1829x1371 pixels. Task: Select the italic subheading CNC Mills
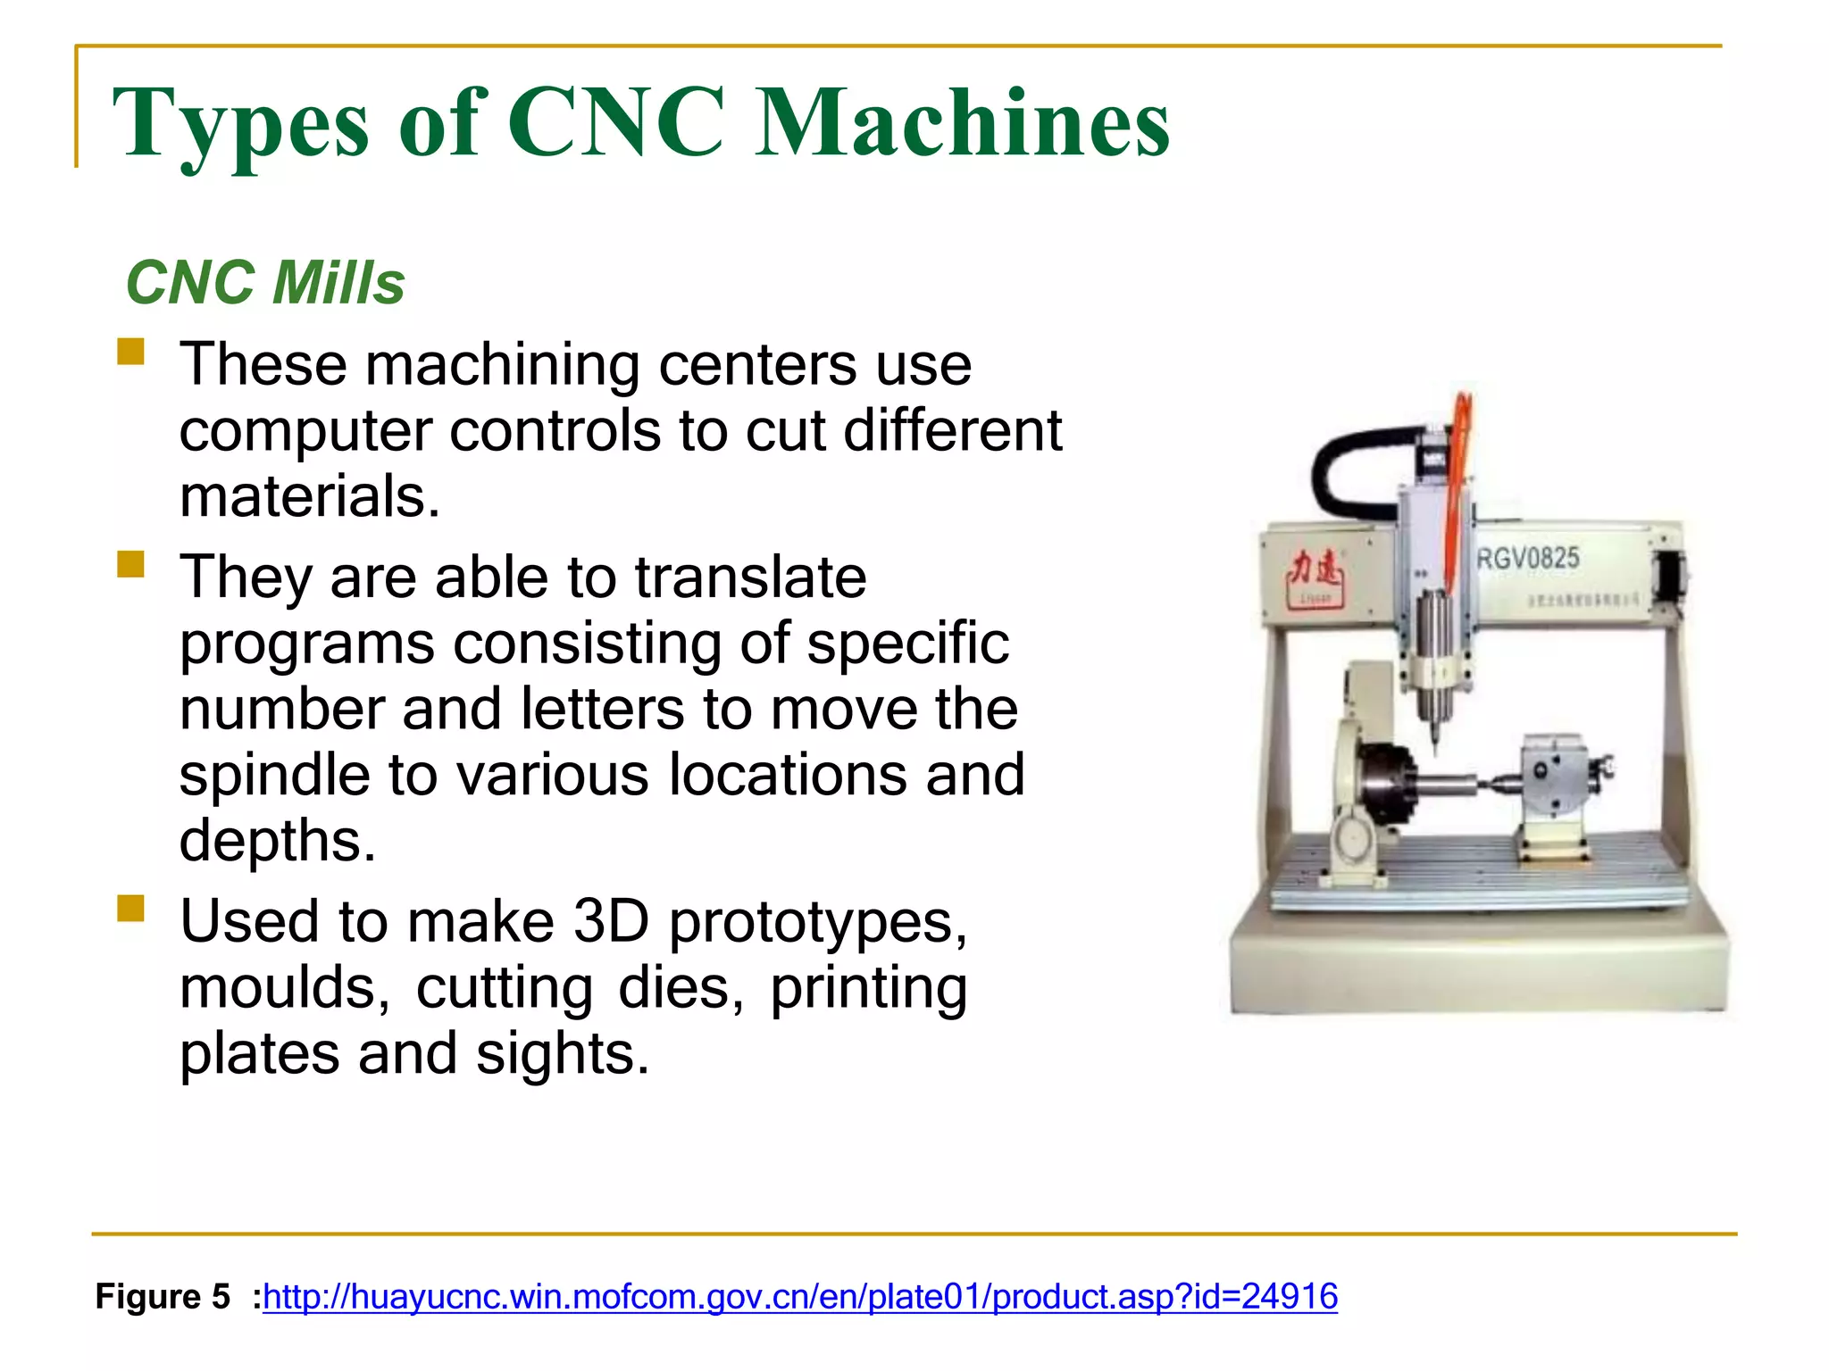[x=265, y=283]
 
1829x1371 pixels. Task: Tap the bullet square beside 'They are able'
[x=130, y=564]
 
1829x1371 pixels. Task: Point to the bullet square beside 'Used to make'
[x=130, y=908]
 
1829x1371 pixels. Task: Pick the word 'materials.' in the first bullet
[x=310, y=496]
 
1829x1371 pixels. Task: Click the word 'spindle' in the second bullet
[x=273, y=774]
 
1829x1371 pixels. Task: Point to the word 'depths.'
[x=278, y=840]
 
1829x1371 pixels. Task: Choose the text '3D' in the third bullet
[x=611, y=921]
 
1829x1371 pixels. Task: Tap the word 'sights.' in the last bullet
[x=563, y=1053]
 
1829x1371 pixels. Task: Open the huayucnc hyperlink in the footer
[x=800, y=1296]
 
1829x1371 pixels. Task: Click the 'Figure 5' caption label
[x=163, y=1296]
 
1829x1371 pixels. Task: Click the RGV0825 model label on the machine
[x=1528, y=559]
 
